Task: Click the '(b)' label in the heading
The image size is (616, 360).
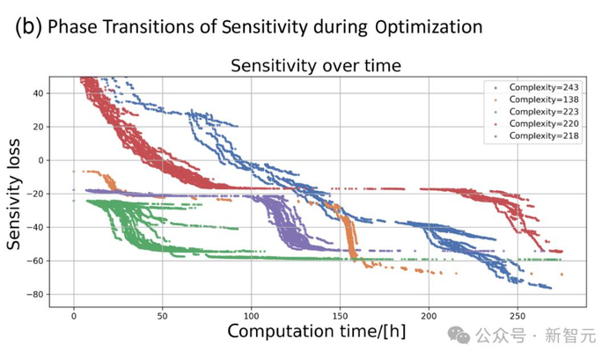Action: (29, 26)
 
